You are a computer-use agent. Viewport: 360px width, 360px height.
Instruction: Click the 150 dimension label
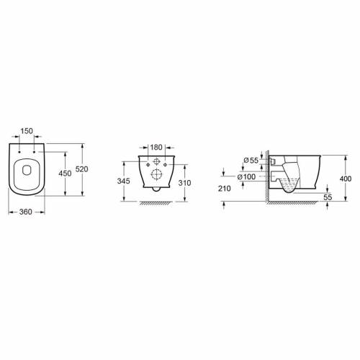[27, 131]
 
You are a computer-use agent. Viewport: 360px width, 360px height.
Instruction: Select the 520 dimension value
[82, 169]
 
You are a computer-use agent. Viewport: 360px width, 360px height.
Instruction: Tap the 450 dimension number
[65, 173]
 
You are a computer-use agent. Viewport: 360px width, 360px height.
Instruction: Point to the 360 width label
[26, 212]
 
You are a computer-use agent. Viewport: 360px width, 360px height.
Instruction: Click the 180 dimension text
[156, 147]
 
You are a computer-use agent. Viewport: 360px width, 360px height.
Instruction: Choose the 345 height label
[123, 181]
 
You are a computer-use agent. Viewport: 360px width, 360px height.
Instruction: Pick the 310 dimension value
[185, 183]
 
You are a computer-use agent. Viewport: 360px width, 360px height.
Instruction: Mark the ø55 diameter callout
[251, 161]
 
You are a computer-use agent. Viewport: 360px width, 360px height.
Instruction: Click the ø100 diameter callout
[246, 177]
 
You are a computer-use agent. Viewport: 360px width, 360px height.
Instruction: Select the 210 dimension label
[225, 189]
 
